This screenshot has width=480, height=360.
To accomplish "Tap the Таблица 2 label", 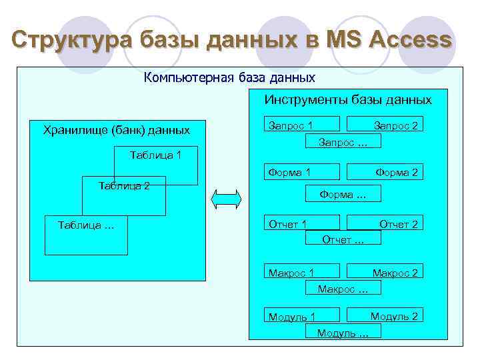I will [x=123, y=185].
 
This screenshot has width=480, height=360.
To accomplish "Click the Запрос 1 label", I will [x=291, y=125].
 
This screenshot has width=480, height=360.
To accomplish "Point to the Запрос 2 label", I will [x=395, y=125].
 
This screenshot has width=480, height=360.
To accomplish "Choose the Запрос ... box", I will [x=343, y=141].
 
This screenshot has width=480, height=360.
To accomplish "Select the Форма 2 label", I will [x=397, y=173].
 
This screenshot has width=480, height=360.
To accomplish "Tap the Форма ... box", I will [x=343, y=195].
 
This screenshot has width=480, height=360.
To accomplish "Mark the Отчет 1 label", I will [x=287, y=224].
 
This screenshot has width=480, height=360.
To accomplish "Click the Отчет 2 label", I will [x=399, y=224].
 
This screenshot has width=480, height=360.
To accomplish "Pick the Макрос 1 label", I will [x=291, y=273].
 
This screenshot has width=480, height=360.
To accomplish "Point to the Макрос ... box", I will [x=343, y=289].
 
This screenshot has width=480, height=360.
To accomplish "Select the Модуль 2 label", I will [x=394, y=316].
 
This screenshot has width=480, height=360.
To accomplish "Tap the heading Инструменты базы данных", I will [x=348, y=100].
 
